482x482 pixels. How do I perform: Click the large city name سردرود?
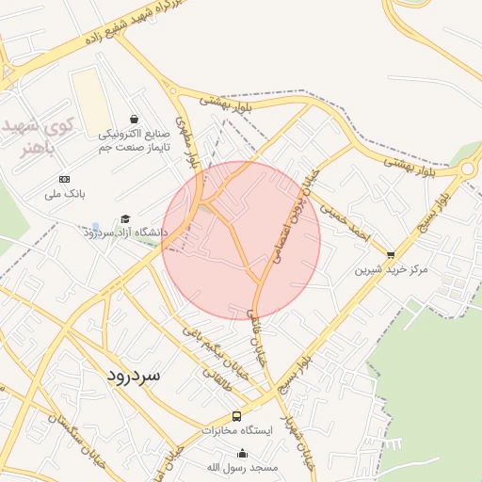128,375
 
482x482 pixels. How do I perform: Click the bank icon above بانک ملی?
64,179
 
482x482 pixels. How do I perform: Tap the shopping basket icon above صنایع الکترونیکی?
135,120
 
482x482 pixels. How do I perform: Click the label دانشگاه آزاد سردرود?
129,232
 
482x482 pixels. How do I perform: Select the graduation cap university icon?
127,218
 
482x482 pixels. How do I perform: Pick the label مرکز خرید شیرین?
391,269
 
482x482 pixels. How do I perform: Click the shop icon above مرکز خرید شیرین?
391,254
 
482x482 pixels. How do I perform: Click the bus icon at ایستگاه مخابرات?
236,415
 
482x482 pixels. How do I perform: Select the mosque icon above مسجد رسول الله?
243,453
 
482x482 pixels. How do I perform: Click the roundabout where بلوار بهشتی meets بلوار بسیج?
469,169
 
